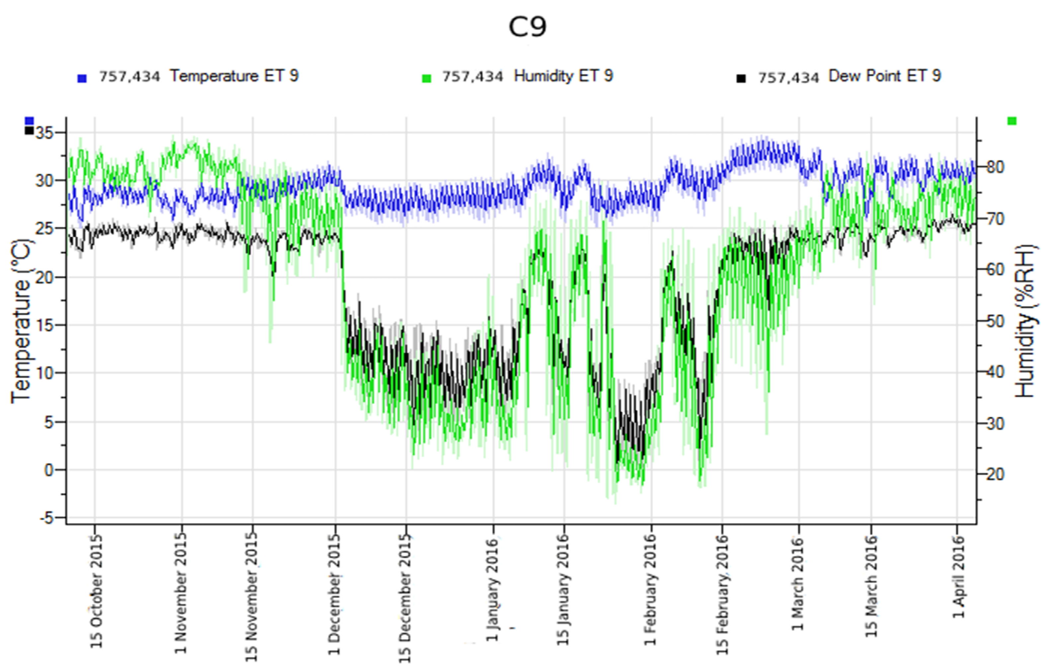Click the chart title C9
tap(527, 27)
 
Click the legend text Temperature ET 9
tap(234, 76)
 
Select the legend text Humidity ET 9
tap(563, 76)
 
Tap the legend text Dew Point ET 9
tap(884, 76)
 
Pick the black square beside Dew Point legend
tap(741, 79)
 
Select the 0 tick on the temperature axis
tap(49, 470)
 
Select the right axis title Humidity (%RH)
tap(1025, 321)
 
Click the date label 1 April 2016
tap(958, 577)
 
